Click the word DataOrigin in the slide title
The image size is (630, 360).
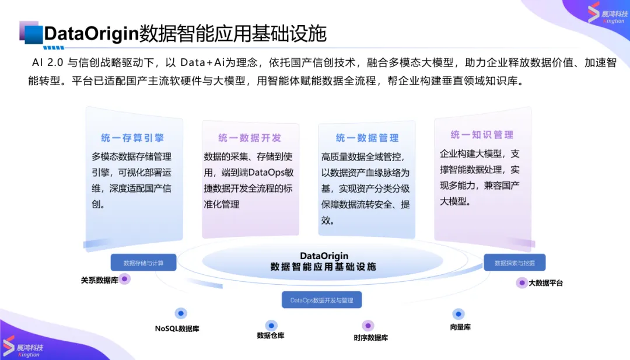click(x=91, y=33)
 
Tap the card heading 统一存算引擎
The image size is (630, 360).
click(x=132, y=138)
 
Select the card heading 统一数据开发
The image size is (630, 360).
click(x=250, y=138)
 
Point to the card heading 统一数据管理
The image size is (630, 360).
click(x=367, y=138)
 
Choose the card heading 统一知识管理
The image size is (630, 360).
click(x=482, y=135)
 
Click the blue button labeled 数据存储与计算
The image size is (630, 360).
click(x=143, y=263)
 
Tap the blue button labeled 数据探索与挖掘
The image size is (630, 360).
click(x=514, y=263)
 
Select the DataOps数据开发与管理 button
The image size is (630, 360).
click(x=322, y=300)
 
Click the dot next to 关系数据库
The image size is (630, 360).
click(x=125, y=279)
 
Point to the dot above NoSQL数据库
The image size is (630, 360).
click(x=181, y=313)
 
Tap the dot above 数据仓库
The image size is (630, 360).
click(x=271, y=326)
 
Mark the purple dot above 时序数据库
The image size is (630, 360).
click(x=367, y=326)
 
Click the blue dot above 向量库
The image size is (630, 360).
click(x=459, y=314)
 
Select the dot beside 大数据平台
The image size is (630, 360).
click(x=521, y=283)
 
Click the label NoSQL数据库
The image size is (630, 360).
click(x=177, y=328)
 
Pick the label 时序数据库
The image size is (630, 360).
click(x=371, y=338)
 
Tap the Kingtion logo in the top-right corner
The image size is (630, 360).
click(x=607, y=13)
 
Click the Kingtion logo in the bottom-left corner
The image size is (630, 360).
click(x=23, y=347)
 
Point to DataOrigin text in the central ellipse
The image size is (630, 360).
click(x=324, y=256)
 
